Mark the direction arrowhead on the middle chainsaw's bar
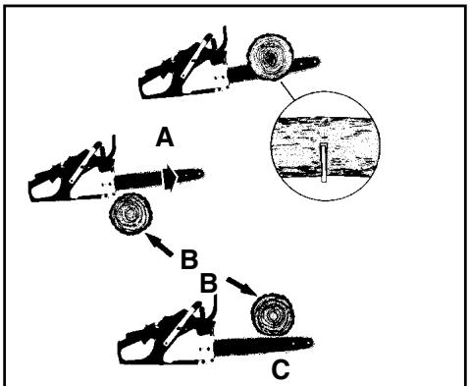coord(172,178)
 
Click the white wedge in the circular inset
coord(322,163)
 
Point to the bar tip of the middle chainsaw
coord(200,177)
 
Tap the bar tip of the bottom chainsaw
coord(311,343)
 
